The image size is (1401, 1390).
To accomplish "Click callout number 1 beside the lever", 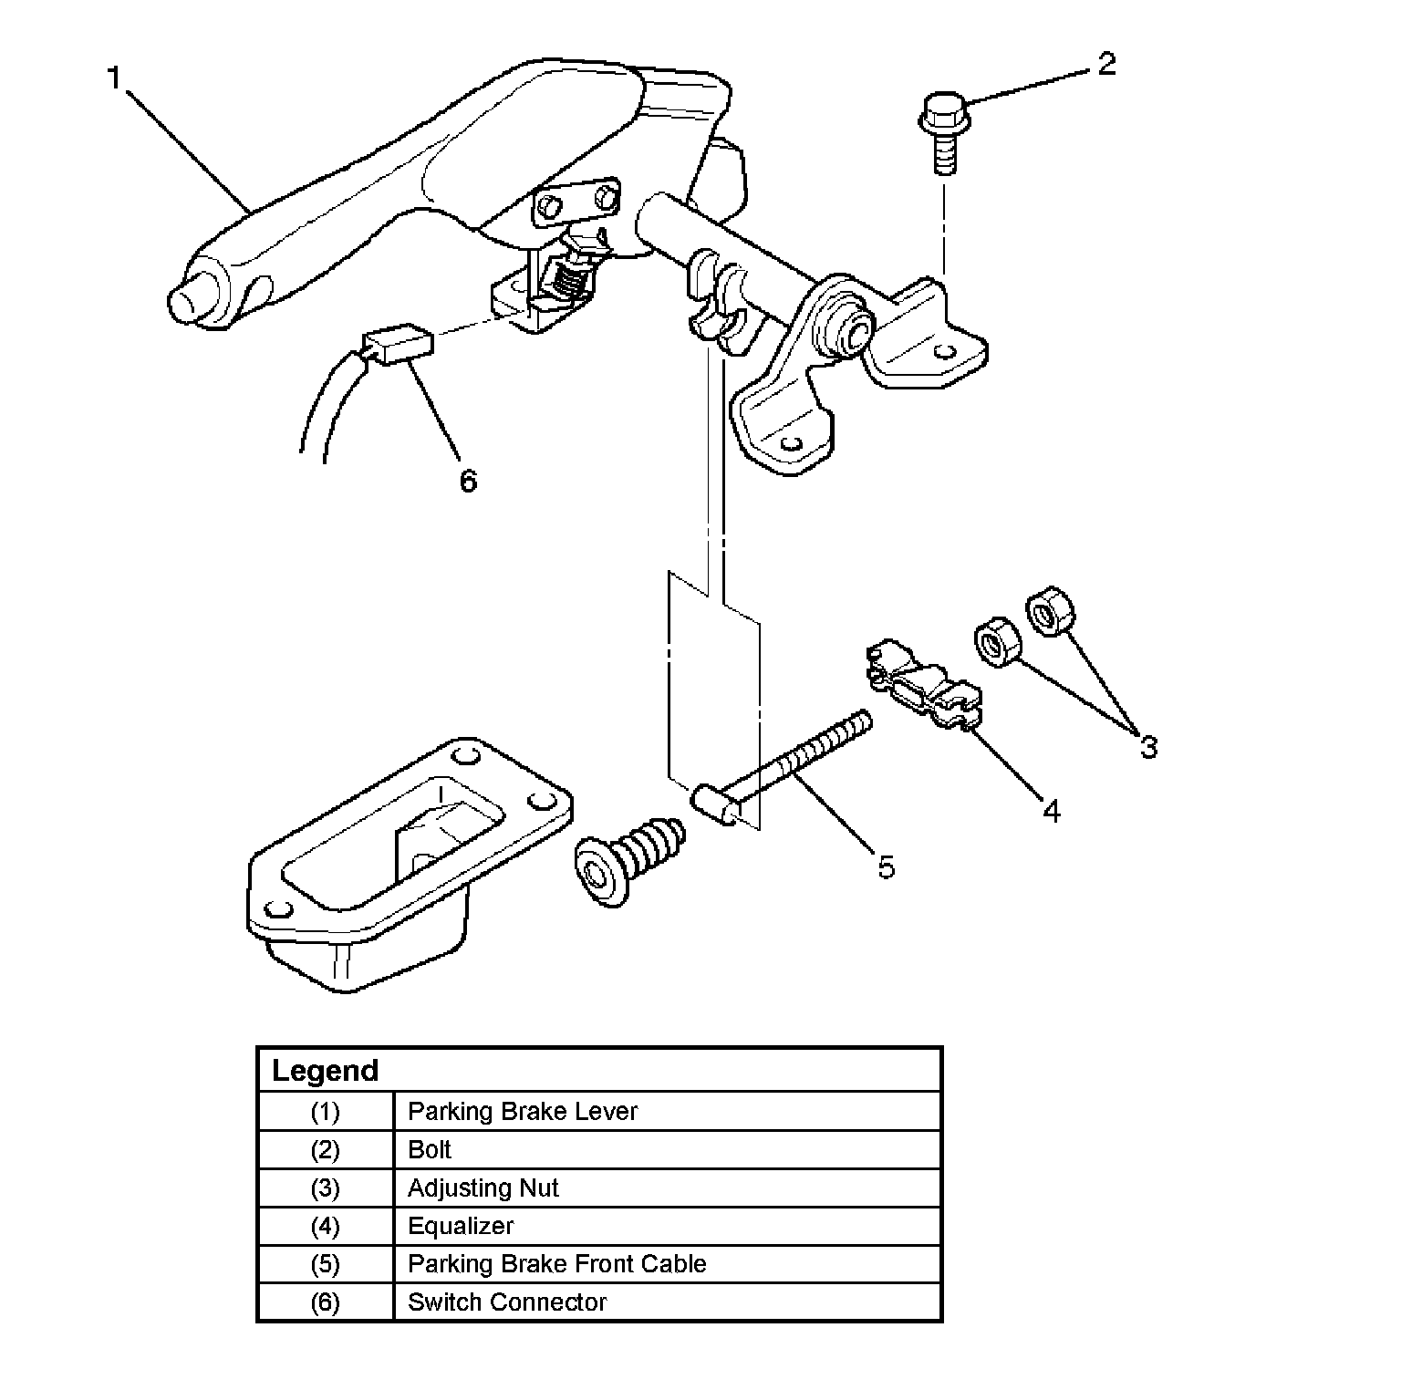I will coord(114,79).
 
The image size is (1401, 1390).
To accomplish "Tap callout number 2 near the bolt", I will coord(1105,65).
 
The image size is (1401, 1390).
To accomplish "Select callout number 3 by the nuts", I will coord(1148,747).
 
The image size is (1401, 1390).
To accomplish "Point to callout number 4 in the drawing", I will coord(1052,810).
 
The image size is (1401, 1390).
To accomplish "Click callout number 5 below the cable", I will coord(887,866).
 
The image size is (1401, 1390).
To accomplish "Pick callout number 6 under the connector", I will coord(468,480).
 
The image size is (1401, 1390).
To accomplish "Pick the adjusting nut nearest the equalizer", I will coord(996,642).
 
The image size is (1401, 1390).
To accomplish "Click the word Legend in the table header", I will coord(326,1071).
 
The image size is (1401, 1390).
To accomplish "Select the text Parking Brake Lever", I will coord(523,1112).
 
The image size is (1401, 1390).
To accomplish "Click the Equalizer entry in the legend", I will coord(461,1226).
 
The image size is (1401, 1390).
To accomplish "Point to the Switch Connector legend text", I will coord(507,1302).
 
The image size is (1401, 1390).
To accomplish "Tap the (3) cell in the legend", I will coord(325,1188).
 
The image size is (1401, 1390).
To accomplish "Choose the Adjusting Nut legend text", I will coord(483,1188).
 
